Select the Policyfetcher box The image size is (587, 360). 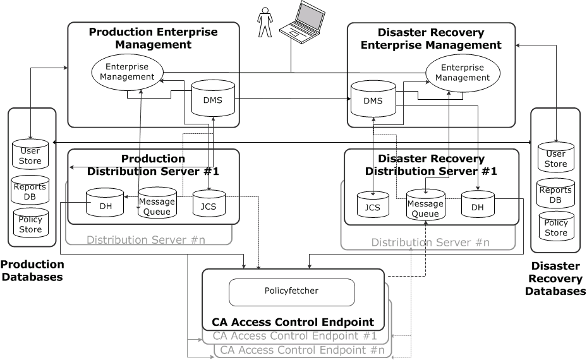(x=291, y=291)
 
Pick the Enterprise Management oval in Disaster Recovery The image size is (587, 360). (x=463, y=73)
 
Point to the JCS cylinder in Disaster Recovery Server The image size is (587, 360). (x=373, y=205)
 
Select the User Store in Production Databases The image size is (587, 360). (x=30, y=155)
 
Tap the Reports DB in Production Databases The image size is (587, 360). (x=30, y=191)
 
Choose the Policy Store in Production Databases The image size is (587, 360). (x=30, y=224)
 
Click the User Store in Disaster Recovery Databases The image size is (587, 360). (x=556, y=159)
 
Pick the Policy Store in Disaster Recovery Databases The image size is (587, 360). (x=556, y=227)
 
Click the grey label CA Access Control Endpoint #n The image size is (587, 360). (x=302, y=349)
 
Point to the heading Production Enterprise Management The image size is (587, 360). (x=153, y=38)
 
